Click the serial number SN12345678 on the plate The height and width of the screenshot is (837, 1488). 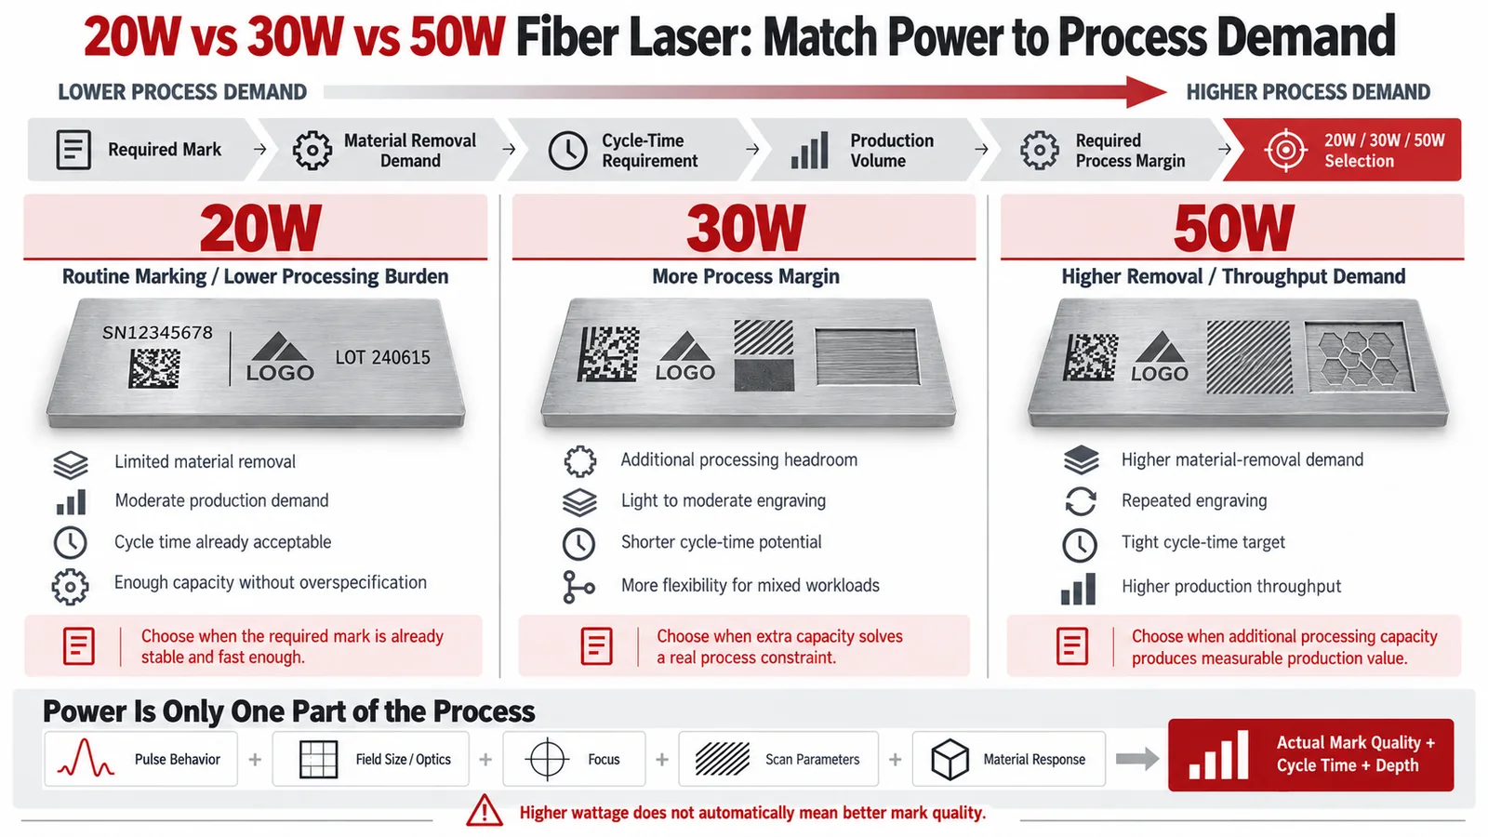(157, 332)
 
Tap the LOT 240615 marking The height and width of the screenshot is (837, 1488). (382, 357)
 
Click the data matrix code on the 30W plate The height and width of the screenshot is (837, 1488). (608, 353)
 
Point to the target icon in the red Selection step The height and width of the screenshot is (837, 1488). (1286, 150)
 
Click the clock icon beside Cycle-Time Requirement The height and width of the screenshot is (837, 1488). (567, 150)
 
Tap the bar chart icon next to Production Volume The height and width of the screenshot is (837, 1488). (810, 150)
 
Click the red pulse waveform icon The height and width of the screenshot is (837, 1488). (86, 758)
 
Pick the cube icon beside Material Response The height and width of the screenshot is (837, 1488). (950, 759)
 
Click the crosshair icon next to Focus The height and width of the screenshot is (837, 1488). (547, 759)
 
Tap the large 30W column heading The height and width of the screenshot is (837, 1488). (745, 228)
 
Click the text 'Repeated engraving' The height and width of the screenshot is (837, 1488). (1194, 500)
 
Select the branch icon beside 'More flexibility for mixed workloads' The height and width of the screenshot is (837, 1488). (578, 587)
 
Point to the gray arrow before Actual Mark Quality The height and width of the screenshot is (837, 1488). (1137, 759)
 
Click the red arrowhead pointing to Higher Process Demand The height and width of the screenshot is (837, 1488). (1146, 92)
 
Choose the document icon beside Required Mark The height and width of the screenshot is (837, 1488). (73, 150)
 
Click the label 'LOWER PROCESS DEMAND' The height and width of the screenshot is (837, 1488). (182, 92)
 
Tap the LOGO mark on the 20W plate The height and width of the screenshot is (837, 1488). (280, 357)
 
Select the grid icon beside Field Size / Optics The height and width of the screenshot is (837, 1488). (319, 759)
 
